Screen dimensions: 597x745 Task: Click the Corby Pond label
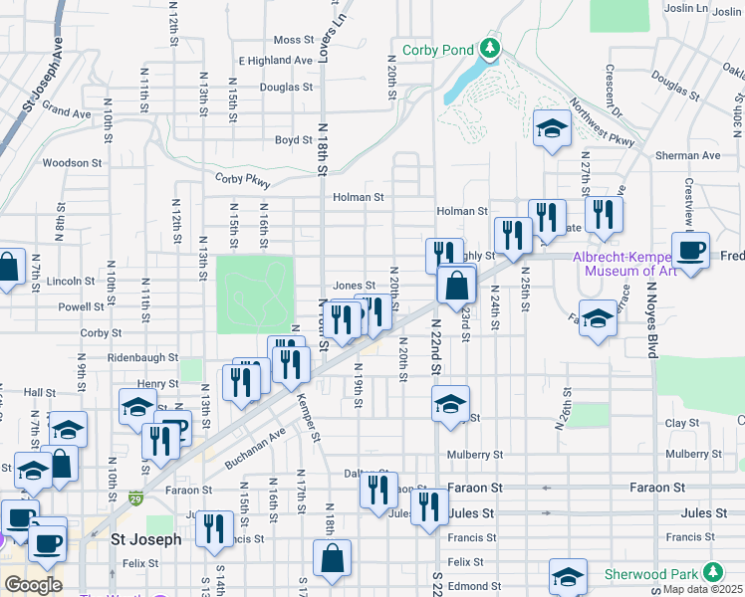[438, 50]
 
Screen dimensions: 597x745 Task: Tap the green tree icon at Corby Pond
[489, 48]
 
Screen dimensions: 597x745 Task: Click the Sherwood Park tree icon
[712, 572]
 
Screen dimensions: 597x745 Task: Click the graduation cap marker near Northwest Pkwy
[552, 128]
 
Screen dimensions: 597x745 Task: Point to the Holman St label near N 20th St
[358, 197]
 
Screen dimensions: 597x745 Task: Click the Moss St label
[294, 40]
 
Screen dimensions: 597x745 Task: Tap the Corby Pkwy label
[242, 179]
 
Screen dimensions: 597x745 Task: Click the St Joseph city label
[145, 539]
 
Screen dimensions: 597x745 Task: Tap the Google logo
[33, 584]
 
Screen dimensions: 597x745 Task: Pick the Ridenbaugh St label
[142, 356]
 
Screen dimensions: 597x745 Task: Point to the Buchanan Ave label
[255, 448]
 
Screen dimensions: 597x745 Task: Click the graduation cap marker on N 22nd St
[450, 403]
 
